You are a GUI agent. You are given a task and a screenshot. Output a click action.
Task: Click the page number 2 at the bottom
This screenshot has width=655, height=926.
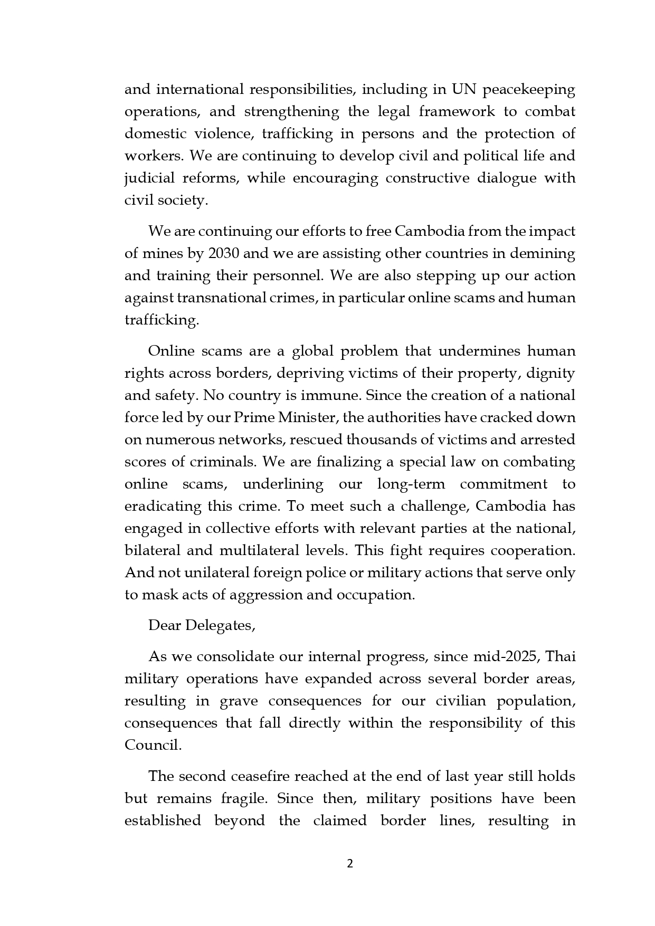(349, 863)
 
